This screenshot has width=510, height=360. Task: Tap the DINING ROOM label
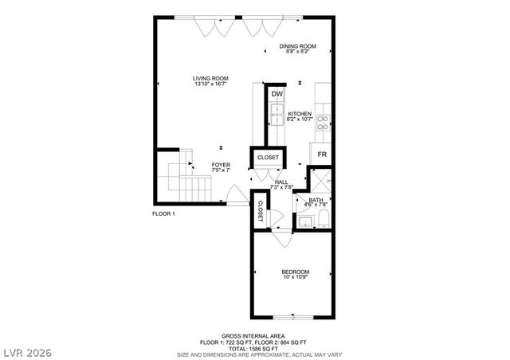pyautogui.click(x=297, y=46)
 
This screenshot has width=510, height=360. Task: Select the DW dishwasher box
pyautogui.click(x=277, y=95)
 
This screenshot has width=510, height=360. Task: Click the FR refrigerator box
pyautogui.click(x=322, y=154)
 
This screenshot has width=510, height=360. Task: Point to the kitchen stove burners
pyautogui.click(x=324, y=123)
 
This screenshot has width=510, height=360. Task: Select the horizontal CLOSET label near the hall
pyautogui.click(x=268, y=158)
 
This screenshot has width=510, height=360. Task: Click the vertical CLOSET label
pyautogui.click(x=261, y=210)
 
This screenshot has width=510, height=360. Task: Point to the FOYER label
pyautogui.click(x=221, y=165)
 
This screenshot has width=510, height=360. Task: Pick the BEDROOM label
pyautogui.click(x=295, y=272)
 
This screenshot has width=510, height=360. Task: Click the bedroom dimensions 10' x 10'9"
pyautogui.click(x=295, y=278)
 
